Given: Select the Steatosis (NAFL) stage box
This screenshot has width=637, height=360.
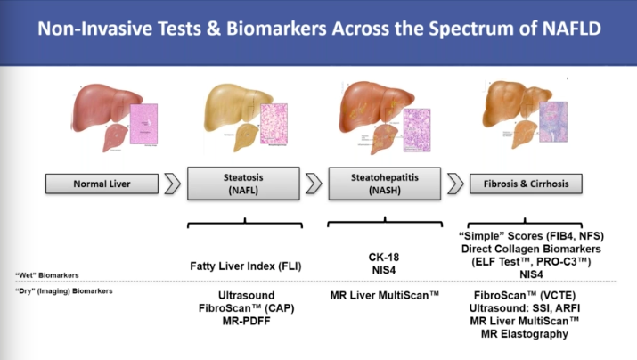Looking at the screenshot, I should (x=236, y=184).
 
